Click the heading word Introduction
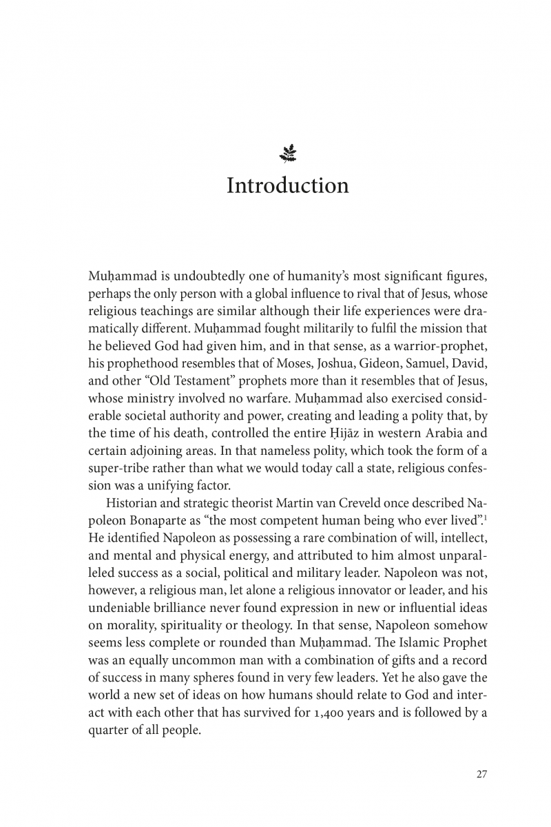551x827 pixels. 287,185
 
